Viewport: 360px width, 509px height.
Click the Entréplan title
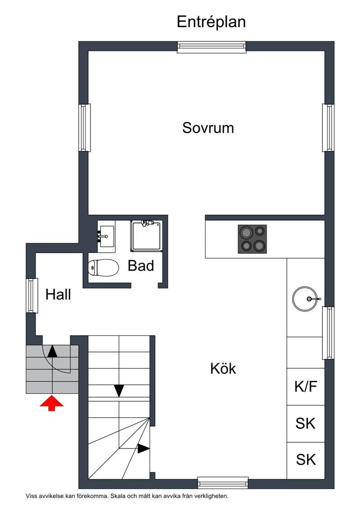211,22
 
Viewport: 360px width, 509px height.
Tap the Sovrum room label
208,128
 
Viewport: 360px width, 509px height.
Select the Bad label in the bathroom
140,266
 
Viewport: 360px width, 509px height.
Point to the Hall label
58,294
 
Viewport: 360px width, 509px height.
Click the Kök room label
223,369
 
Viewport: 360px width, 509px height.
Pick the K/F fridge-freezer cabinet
306,387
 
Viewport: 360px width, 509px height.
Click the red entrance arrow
52,403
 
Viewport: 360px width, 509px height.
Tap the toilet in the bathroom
103,268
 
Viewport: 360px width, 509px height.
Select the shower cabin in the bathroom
146,236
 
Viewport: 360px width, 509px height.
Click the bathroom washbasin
106,236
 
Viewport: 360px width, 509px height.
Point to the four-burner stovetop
252,239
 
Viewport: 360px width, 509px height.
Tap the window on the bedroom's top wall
211,47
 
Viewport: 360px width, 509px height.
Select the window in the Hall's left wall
31,295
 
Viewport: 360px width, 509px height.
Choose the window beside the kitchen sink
328,333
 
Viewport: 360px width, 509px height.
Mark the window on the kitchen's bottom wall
223,483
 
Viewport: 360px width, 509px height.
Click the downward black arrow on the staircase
119,391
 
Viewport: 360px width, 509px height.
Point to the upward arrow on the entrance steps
52,351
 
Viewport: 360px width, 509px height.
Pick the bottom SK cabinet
306,460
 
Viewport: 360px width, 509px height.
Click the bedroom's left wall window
85,127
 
